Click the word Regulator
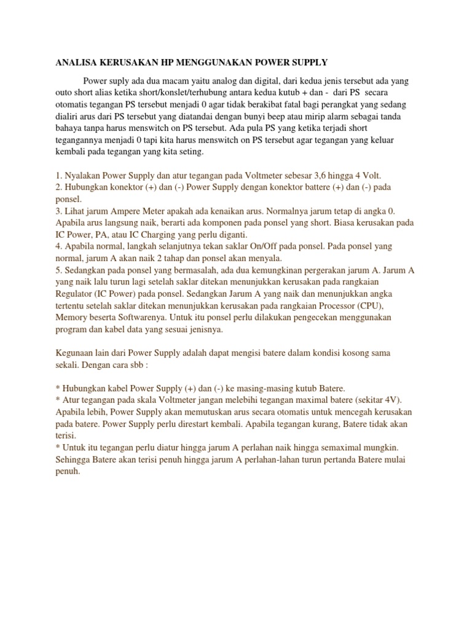(x=76, y=294)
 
